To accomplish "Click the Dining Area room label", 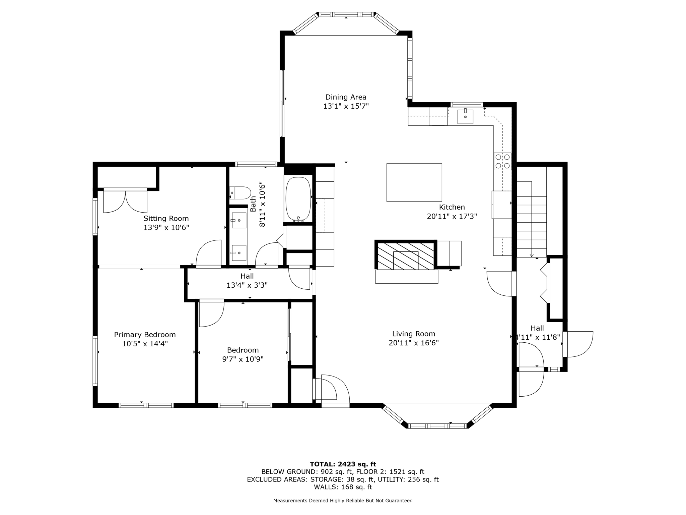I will [346, 97].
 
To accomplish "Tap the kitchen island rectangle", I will [414, 182].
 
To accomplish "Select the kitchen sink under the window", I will [465, 117].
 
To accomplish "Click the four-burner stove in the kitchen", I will [502, 161].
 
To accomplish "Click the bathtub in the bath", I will [298, 198].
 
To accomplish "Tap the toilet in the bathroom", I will [241, 193].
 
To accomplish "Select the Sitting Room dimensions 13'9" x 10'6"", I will [166, 228].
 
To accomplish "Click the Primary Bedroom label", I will [145, 335].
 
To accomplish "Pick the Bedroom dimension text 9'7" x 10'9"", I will [243, 359].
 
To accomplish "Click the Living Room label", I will [414, 334].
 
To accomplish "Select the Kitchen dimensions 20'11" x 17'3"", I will [452, 217].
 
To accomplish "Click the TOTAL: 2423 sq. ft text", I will [343, 464].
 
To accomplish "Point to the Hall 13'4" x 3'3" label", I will [247, 281].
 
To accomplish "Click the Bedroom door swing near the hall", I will [211, 313].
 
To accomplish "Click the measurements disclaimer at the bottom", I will [343, 501].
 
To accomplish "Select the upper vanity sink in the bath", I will [239, 220].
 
